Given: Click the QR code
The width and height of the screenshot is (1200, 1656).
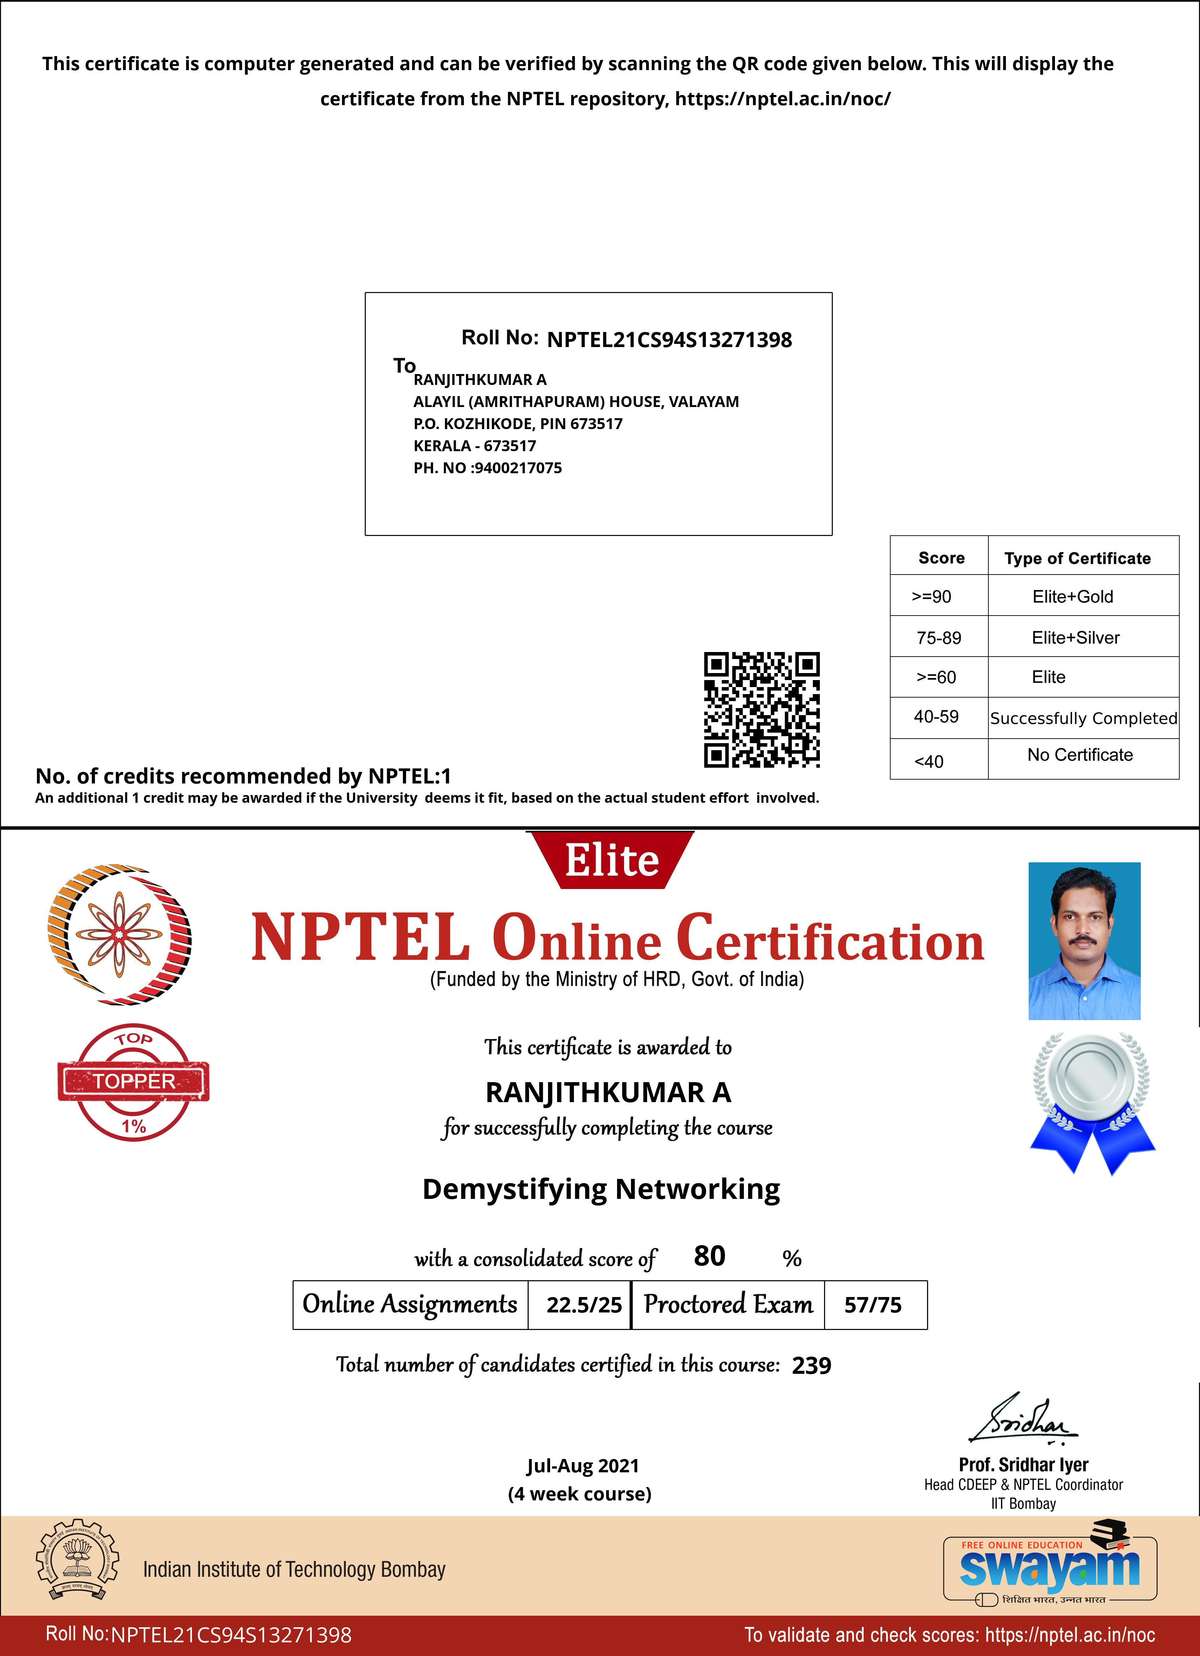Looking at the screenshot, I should (761, 710).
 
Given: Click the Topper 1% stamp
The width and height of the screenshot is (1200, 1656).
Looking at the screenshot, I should (133, 1082).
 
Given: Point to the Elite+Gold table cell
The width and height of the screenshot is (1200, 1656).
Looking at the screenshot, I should (1072, 597).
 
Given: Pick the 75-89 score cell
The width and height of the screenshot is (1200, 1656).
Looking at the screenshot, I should (939, 637).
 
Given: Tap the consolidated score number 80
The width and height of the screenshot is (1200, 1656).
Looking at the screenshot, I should (709, 1256).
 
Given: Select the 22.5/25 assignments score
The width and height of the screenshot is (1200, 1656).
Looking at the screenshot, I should (584, 1305).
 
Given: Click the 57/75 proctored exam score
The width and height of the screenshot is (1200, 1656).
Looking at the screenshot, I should (873, 1305).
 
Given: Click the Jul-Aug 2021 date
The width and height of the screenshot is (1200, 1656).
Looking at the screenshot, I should (582, 1465).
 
